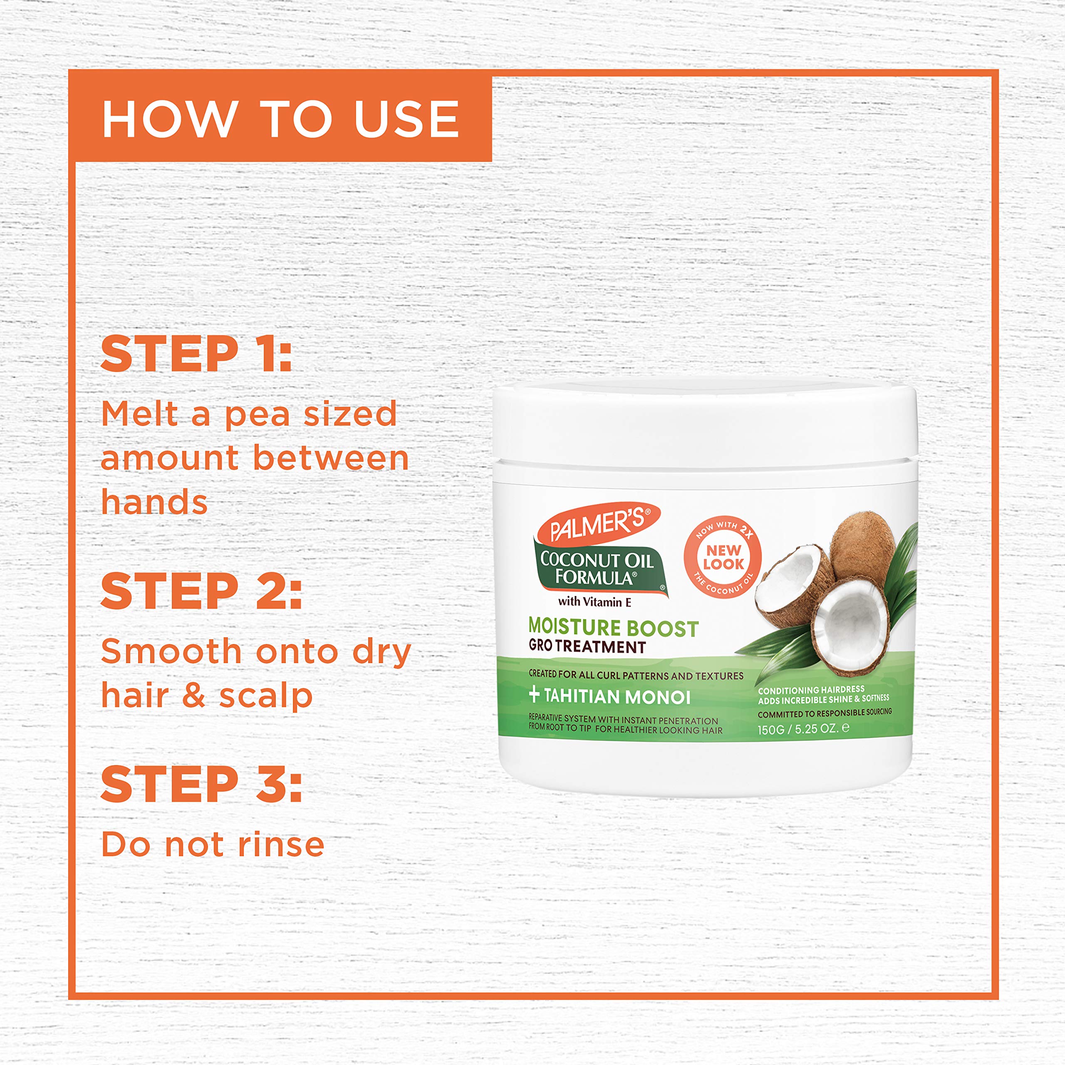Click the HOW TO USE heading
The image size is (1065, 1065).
pyautogui.click(x=280, y=119)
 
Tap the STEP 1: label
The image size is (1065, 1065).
pyautogui.click(x=196, y=354)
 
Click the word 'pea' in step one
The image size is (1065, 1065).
pyautogui.click(x=257, y=414)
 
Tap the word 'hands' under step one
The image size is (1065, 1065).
pyautogui.click(x=154, y=503)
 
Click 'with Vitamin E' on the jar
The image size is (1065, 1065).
pyautogui.click(x=594, y=602)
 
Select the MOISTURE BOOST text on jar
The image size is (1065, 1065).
pyautogui.click(x=613, y=627)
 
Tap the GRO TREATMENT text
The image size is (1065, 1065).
pyautogui.click(x=587, y=646)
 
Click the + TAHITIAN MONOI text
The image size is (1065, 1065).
pyautogui.click(x=610, y=697)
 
